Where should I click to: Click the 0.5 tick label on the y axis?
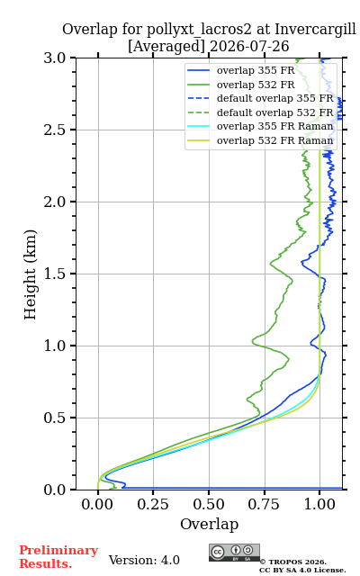pyautogui.click(x=55, y=418)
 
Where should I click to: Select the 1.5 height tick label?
pyautogui.click(x=55, y=274)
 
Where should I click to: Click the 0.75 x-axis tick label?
pyautogui.click(x=264, y=504)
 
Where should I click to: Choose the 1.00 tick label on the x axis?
pyautogui.click(x=319, y=504)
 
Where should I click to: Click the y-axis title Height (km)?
pyautogui.click(x=31, y=274)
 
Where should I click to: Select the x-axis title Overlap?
pyautogui.click(x=209, y=524)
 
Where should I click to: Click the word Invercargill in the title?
pyautogui.click(x=316, y=29)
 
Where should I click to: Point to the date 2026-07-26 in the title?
pyautogui.click(x=249, y=46)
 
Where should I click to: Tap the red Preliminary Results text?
pyautogui.click(x=58, y=556)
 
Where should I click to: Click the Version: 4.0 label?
pyautogui.click(x=144, y=560)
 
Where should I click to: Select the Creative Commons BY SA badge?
pyautogui.click(x=234, y=553)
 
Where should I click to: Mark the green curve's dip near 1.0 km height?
pyautogui.click(x=254, y=341)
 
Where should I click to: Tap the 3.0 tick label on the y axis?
pyautogui.click(x=55, y=58)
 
